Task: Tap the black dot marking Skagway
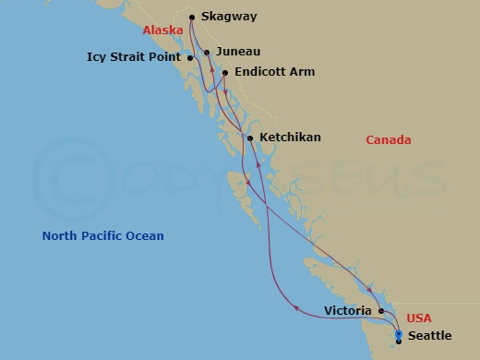[192, 17]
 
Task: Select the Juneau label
[238, 54]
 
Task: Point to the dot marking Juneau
[207, 53]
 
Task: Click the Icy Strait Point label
[136, 58]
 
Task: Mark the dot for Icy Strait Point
[190, 58]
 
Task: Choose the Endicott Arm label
[275, 72]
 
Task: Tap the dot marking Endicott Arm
[225, 72]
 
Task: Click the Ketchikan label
[290, 138]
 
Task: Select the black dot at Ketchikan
[250, 138]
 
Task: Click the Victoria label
[348, 311]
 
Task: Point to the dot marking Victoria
[381, 311]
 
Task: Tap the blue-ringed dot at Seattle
[399, 334]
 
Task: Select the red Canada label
[389, 140]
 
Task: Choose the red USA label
[419, 318]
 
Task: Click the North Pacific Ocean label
[102, 236]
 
